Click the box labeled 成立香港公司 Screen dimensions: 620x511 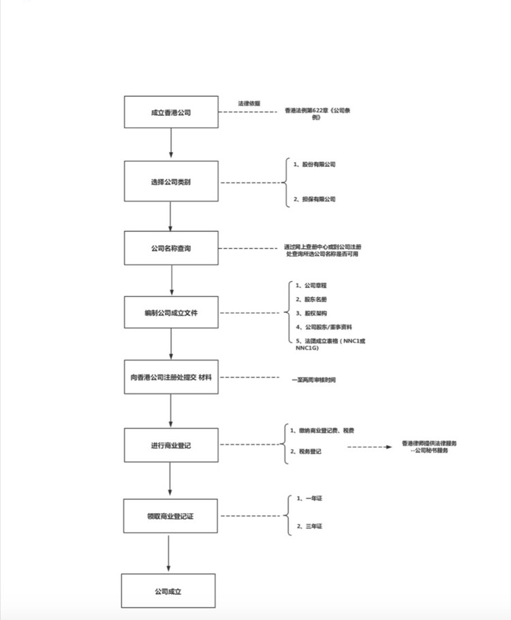[x=171, y=112]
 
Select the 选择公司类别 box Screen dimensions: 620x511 [x=171, y=182]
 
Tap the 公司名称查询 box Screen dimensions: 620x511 [x=171, y=248]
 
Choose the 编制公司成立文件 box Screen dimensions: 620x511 [x=171, y=313]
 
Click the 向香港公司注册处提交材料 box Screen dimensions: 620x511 [x=171, y=377]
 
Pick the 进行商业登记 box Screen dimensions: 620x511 [x=171, y=446]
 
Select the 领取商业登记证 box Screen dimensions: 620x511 [x=171, y=516]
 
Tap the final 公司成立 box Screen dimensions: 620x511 [x=168, y=591]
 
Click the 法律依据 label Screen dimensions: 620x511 [x=249, y=103]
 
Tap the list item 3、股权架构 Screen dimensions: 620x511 [x=311, y=313]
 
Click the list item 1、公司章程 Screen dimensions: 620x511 [x=311, y=285]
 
